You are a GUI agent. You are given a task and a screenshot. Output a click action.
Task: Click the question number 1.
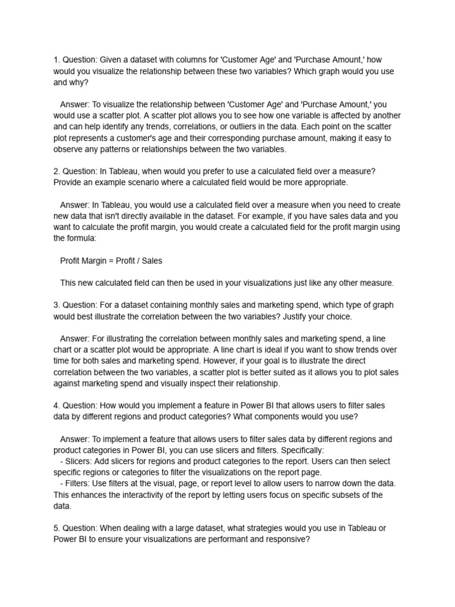(x=56, y=59)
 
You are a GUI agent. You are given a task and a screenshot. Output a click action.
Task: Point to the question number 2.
(x=56, y=171)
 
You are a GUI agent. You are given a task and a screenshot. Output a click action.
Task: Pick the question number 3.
(x=56, y=305)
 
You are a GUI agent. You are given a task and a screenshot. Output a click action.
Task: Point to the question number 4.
(x=56, y=405)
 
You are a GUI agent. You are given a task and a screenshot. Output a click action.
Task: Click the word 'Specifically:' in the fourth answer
(x=297, y=450)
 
